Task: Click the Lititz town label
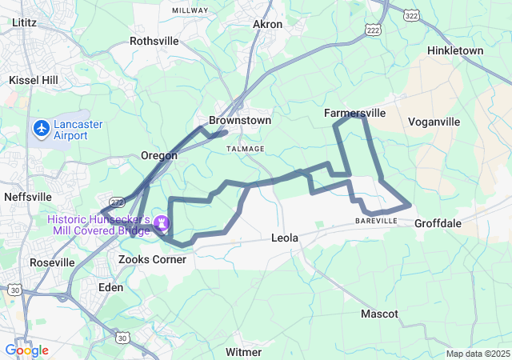tap(25, 23)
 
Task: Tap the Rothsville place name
tap(154, 40)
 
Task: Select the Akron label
tap(268, 25)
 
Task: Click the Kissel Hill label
tap(34, 80)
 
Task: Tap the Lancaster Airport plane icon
tap(41, 128)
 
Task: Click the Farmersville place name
tap(356, 114)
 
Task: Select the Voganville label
tap(434, 122)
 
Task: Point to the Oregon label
tap(158, 155)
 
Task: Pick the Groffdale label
tap(438, 223)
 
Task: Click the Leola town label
tap(286, 238)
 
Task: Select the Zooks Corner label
tap(152, 259)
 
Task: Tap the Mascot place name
tap(379, 314)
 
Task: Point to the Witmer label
tap(243, 352)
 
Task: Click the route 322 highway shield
tap(411, 16)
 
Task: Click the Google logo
tap(26, 350)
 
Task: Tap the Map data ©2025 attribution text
tap(477, 354)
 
